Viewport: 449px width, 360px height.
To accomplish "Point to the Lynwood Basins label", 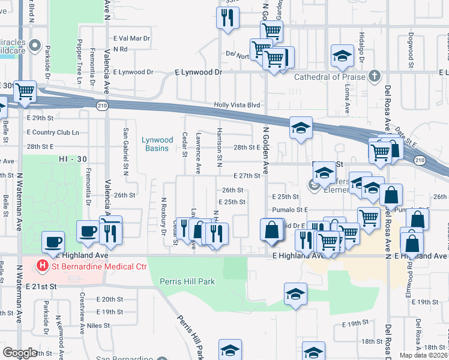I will pyautogui.click(x=157, y=144).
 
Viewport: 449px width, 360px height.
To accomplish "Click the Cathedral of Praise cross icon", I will pyautogui.click(x=375, y=76).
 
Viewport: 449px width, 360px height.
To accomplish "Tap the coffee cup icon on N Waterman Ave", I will pyautogui.click(x=53, y=241).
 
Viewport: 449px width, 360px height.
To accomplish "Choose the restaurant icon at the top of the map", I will pyautogui.click(x=227, y=17).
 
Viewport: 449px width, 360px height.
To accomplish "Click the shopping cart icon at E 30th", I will pyautogui.click(x=25, y=92).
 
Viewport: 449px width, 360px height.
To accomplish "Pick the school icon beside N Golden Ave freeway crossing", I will pyautogui.click(x=300, y=127).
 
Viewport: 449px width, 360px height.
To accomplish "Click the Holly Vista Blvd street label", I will pyautogui.click(x=238, y=105).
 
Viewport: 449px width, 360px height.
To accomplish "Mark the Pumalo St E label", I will pyautogui.click(x=290, y=209).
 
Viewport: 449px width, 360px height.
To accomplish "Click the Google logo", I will pyautogui.click(x=20, y=353).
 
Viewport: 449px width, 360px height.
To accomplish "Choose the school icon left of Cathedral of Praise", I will pyautogui.click(x=342, y=56).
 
